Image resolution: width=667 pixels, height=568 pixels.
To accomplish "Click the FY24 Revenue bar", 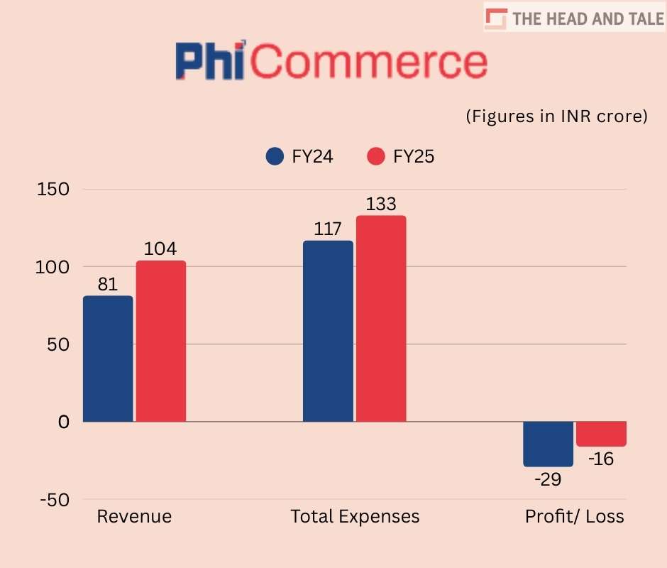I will (108, 359).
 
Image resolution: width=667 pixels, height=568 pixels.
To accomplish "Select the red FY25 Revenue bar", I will (161, 341).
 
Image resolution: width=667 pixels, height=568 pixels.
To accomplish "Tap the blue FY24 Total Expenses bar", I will (328, 331).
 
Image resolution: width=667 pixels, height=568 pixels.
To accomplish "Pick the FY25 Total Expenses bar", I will (381, 319).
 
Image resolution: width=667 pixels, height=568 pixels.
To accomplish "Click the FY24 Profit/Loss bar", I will (548, 444).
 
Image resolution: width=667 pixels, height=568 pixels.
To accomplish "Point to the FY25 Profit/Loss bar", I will (601, 434).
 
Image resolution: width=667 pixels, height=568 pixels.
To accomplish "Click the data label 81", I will (108, 284).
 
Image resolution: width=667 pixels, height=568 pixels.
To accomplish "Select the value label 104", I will (161, 249).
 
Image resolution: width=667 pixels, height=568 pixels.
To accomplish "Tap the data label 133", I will (381, 204).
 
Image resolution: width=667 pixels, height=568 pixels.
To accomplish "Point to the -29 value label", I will (547, 479).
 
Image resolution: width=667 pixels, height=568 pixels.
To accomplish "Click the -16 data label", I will (600, 459).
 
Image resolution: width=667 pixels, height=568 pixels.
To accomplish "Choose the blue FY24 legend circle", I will (275, 157).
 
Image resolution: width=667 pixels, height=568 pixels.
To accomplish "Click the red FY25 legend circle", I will (376, 157).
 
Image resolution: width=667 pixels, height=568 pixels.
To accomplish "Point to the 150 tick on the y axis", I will (54, 190).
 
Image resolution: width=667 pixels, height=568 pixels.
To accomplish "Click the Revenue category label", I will (134, 516).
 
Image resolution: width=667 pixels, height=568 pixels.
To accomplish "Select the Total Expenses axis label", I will (355, 516).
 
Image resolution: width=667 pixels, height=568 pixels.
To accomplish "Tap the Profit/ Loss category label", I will (575, 516).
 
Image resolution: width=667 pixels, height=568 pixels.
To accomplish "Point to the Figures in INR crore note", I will (557, 116).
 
